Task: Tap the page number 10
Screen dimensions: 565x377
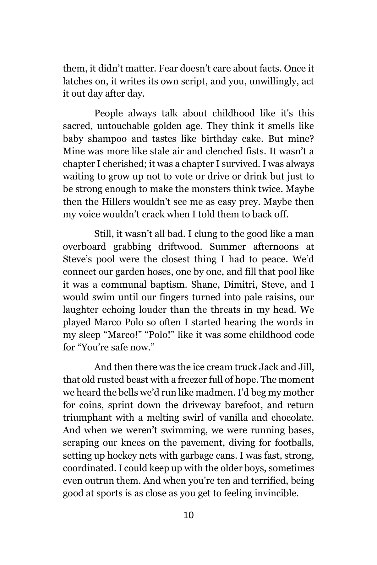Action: (188, 515)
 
